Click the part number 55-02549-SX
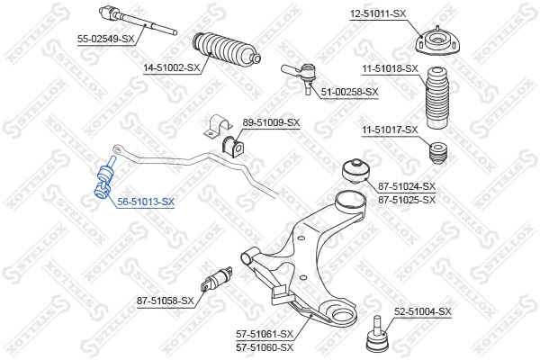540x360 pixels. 105,39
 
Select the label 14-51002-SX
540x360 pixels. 172,67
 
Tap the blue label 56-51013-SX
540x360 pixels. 146,202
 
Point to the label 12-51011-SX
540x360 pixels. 378,14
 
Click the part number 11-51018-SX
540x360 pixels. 391,69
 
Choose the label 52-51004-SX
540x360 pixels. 423,312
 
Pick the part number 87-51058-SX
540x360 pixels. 166,301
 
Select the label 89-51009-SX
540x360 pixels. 271,122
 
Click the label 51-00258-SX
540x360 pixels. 349,92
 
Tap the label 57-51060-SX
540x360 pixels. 265,347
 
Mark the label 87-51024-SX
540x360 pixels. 407,186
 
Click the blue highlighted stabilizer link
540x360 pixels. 103,178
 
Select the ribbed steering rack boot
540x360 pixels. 226,49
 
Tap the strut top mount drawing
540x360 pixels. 437,41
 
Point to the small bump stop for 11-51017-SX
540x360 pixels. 437,152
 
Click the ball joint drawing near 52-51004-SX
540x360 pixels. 378,334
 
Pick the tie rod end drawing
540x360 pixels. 300,76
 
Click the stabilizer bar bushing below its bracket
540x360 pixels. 231,147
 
